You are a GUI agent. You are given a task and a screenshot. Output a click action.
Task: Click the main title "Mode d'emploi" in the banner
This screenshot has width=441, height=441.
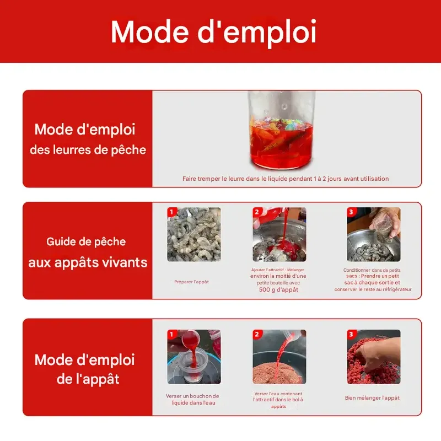pos(214,32)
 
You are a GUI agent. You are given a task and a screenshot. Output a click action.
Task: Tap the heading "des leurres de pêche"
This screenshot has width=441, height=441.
pos(88,149)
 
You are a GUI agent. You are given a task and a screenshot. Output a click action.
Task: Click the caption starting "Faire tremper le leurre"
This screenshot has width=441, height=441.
pos(286,179)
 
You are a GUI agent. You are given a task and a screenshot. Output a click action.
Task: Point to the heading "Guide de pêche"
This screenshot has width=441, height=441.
pos(86,241)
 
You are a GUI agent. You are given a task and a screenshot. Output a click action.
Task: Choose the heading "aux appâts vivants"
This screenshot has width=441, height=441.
pos(88,262)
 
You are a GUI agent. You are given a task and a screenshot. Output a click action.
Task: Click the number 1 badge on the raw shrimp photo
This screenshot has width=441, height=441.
pos(171,212)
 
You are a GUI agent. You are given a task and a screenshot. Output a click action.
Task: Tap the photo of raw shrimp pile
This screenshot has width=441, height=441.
pos(194,234)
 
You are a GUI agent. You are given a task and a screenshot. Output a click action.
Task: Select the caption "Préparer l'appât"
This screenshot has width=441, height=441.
pos(191,282)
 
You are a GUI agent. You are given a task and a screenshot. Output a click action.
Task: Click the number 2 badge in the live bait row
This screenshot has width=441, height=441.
pos(257,212)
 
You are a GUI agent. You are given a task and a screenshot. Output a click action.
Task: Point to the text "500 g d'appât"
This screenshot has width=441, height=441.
pos(278,289)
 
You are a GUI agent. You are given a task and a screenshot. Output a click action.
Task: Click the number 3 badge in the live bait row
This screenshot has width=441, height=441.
pos(351,212)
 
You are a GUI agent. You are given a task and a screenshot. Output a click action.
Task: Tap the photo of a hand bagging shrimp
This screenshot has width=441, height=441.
pos(373,234)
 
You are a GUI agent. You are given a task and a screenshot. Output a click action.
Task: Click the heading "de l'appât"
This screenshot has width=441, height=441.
pos(88,379)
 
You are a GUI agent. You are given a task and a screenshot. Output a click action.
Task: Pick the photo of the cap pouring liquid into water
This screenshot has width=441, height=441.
pos(194,357)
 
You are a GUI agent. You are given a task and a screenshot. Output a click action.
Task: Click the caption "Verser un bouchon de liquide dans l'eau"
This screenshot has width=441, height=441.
pos(192,399)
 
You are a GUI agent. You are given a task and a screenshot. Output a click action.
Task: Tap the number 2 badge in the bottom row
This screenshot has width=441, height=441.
pos(257,334)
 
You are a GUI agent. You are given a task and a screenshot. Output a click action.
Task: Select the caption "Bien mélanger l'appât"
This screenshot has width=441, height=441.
pos(372,397)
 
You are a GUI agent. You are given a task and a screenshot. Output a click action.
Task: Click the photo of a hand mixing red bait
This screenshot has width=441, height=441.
pos(373,357)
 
